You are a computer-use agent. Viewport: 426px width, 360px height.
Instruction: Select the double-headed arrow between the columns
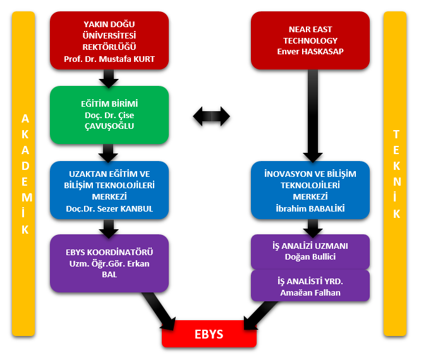click(x=211, y=116)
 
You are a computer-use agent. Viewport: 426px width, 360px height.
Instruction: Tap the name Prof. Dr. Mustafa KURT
click(x=109, y=60)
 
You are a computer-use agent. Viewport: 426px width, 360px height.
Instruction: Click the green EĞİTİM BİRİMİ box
click(x=109, y=114)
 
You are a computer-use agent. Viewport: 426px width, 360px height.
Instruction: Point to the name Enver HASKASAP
click(x=310, y=51)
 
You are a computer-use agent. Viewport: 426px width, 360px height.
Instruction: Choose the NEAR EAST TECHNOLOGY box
click(x=310, y=40)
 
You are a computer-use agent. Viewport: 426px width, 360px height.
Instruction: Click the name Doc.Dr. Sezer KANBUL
click(x=109, y=208)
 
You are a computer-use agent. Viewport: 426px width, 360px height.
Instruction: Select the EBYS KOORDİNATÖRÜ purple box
click(x=109, y=263)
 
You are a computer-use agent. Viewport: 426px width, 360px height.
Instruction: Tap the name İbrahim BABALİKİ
click(x=310, y=208)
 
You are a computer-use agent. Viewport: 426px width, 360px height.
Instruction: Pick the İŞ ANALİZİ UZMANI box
click(x=310, y=251)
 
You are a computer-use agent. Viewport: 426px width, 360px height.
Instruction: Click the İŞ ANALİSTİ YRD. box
click(x=310, y=285)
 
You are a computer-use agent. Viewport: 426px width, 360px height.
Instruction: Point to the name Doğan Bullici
click(x=310, y=256)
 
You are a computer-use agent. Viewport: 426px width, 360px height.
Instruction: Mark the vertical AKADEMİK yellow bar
click(x=25, y=174)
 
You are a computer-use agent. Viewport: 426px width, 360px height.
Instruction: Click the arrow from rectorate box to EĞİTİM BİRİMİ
click(x=109, y=78)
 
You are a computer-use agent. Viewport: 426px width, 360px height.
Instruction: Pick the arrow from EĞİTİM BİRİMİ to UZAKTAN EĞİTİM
click(x=109, y=152)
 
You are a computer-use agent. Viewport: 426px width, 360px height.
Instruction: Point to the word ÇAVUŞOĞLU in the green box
click(x=109, y=126)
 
